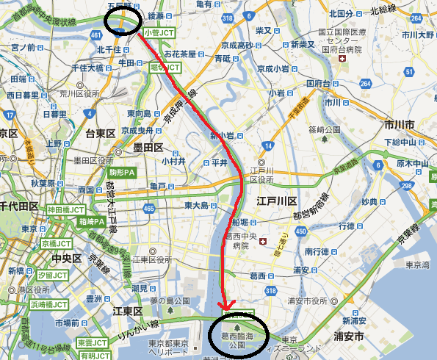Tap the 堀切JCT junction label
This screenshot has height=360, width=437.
165,67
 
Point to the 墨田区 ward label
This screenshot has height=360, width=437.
148,148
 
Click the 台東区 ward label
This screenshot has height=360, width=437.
101,134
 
